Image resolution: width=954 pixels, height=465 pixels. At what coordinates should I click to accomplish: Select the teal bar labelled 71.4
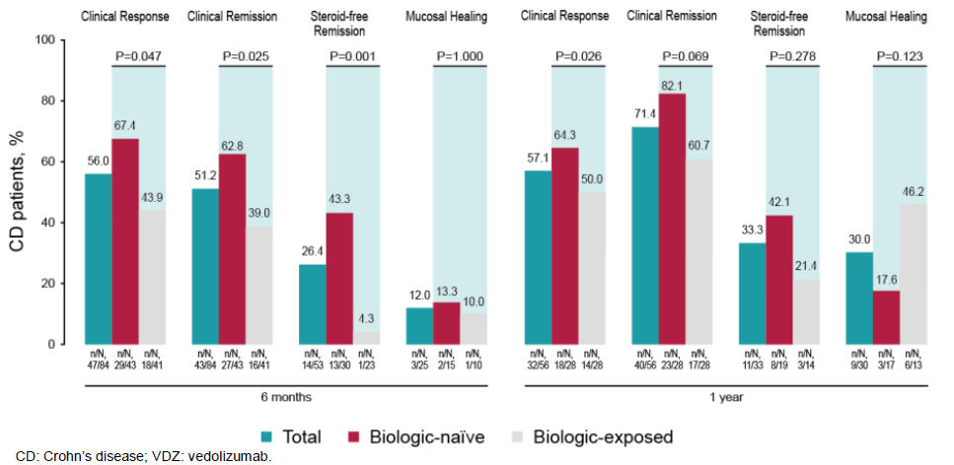pos(645,235)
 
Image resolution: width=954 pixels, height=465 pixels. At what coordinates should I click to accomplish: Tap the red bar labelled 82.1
pos(673,219)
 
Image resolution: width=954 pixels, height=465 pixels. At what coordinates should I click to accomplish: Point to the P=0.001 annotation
pos(353,56)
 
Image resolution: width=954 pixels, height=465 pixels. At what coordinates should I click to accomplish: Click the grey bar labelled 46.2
pos(914,273)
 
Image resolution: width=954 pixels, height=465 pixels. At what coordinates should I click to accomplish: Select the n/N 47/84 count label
pos(97,360)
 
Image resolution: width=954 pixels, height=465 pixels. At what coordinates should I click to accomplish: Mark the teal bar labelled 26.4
pos(312,303)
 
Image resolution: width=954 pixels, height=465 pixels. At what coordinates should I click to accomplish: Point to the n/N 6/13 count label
pos(914,360)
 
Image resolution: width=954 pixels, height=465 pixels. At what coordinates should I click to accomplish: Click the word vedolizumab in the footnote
pos(232,457)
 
